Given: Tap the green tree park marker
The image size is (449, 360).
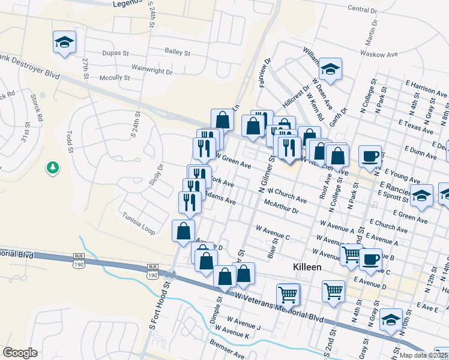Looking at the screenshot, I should tap(53, 167).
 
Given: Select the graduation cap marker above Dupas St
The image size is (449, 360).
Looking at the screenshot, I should tap(64, 43).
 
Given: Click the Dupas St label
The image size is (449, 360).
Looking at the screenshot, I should tap(116, 52).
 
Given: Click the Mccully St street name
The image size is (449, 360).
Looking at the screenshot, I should tap(115, 77).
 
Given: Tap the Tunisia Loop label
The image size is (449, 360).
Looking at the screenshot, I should tap(138, 223).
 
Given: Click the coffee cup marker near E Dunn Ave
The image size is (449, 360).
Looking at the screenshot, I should tap(370, 156).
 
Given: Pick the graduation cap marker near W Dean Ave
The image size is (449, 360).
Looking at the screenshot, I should tap(330, 70).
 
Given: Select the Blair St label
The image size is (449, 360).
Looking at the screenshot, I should tap(274, 245).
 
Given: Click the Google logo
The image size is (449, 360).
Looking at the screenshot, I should tap(20, 353).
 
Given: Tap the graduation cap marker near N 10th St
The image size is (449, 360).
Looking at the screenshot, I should tap(391, 319).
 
